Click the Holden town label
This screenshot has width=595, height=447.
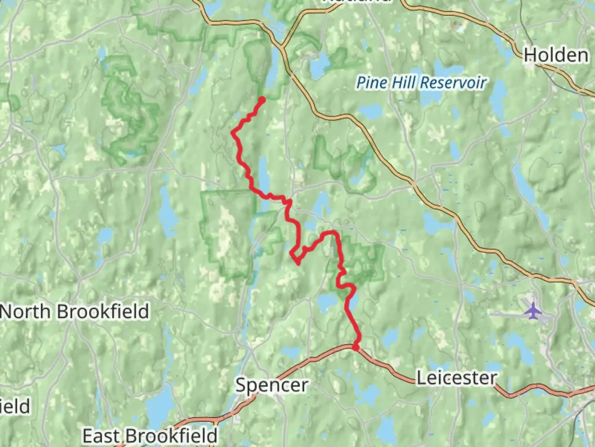tap(556, 55)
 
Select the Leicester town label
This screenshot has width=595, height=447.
tap(456, 378)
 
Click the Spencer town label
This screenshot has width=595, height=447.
tap(271, 385)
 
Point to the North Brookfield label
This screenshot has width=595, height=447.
tap(75, 312)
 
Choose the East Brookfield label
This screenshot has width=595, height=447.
tap(150, 436)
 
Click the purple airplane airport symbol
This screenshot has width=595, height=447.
tap(533, 310)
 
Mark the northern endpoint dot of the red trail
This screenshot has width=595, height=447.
tap(262, 99)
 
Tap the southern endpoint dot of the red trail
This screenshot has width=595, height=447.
tap(355, 347)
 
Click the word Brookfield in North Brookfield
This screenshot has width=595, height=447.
tap(103, 312)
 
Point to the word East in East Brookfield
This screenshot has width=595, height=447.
tap(102, 436)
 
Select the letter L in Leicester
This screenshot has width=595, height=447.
tap(421, 378)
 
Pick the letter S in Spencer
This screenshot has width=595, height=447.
tap(241, 385)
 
